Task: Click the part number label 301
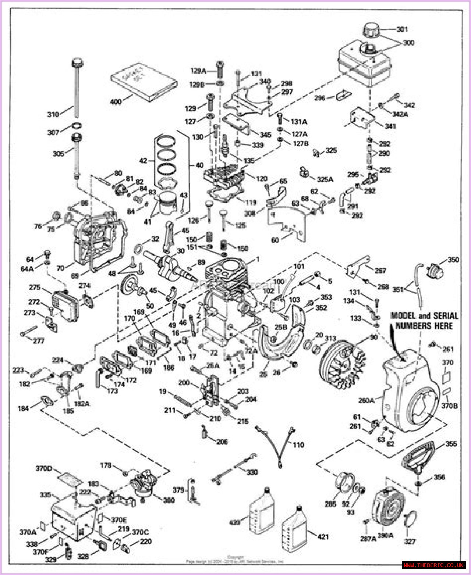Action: [403, 29]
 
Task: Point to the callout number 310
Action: [53, 115]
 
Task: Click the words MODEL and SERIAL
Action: [424, 315]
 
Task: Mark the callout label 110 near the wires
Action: [298, 445]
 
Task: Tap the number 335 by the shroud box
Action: [45, 495]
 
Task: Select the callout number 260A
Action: [366, 400]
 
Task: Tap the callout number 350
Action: [453, 260]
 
